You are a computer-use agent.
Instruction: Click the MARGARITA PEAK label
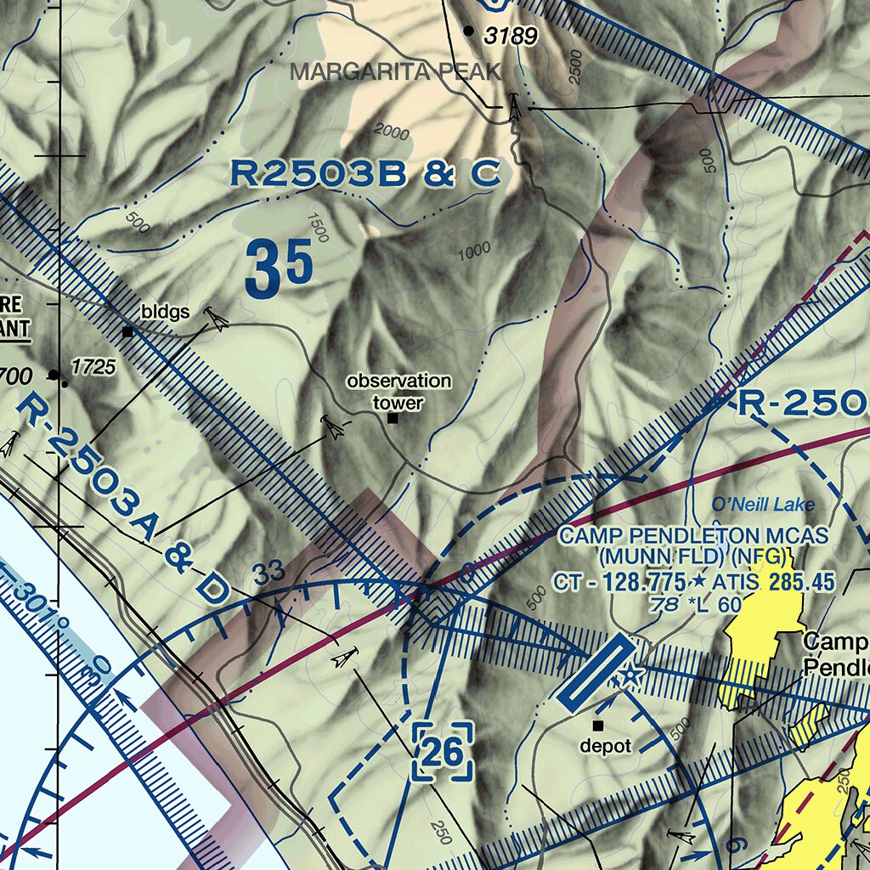pos(395,72)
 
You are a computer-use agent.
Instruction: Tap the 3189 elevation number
pos(511,37)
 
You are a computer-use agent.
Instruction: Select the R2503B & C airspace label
pos(365,174)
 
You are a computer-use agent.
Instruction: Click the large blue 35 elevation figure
pos(279,268)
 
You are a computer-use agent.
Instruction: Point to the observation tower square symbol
pos(393,418)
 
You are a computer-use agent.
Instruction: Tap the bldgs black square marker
pos(127,331)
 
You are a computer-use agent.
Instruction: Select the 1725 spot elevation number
pos(93,367)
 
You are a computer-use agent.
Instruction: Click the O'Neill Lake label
pos(763,506)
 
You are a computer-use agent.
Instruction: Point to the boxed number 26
pos(442,751)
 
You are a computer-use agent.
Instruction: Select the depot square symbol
pos(598,726)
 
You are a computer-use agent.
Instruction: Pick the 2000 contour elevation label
pos(391,132)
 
